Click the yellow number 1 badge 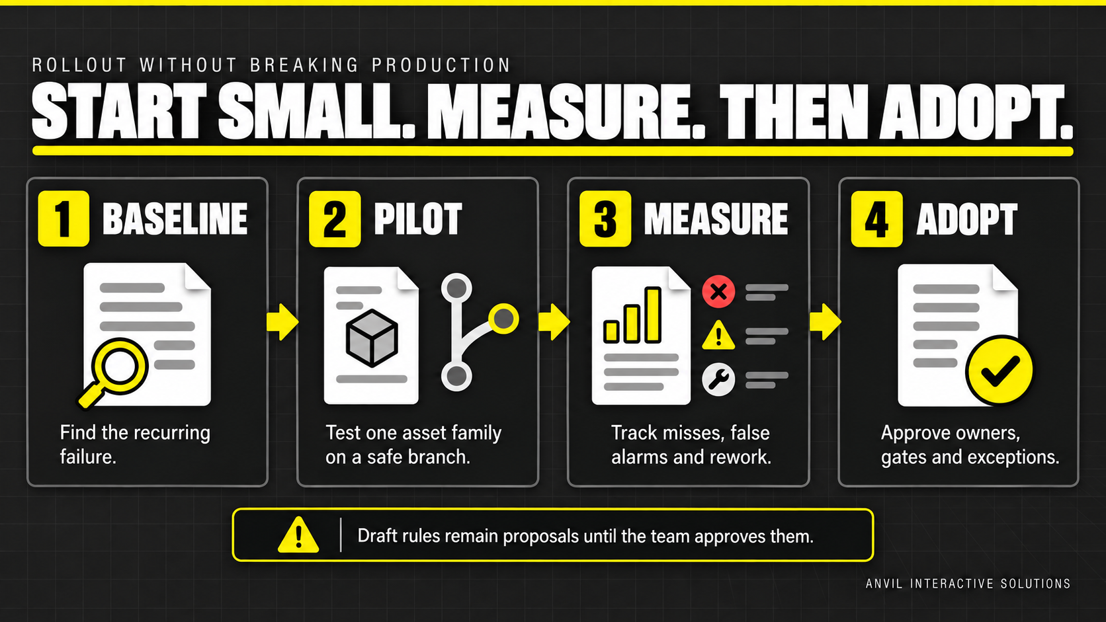click(x=64, y=219)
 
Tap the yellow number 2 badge click(x=335, y=219)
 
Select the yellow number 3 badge click(x=605, y=219)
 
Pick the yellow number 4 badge click(x=877, y=219)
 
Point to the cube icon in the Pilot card click(x=372, y=338)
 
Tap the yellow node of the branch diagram click(x=503, y=319)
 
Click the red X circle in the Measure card click(x=718, y=292)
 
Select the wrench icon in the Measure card click(x=718, y=379)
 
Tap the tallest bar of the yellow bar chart click(x=653, y=315)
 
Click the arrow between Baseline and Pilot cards click(x=282, y=322)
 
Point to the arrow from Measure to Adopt click(x=826, y=322)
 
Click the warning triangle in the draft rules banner click(x=298, y=535)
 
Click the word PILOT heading click(x=417, y=219)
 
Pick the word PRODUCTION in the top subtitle click(x=441, y=65)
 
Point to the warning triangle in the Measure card click(x=718, y=335)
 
